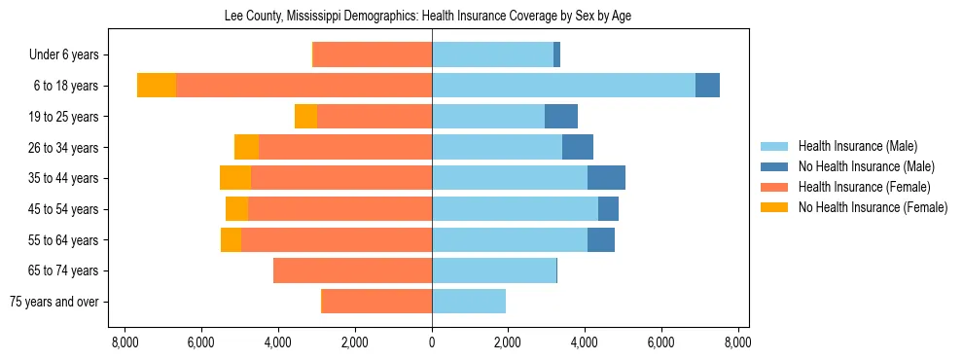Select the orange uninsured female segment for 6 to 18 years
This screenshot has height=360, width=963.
(157, 86)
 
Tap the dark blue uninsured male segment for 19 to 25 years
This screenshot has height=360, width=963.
(561, 117)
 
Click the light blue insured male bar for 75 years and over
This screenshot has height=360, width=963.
(469, 302)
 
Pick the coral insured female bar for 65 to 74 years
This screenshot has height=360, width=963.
(352, 270)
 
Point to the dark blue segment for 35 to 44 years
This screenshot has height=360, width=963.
(606, 178)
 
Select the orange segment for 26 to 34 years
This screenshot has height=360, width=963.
(247, 147)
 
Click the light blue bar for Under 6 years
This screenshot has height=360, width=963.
(492, 54)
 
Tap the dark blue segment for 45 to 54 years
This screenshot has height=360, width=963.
(608, 209)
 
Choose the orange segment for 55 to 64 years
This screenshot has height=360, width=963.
(231, 239)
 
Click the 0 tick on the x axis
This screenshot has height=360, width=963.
(432, 342)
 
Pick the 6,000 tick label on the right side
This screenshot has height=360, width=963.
(660, 342)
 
